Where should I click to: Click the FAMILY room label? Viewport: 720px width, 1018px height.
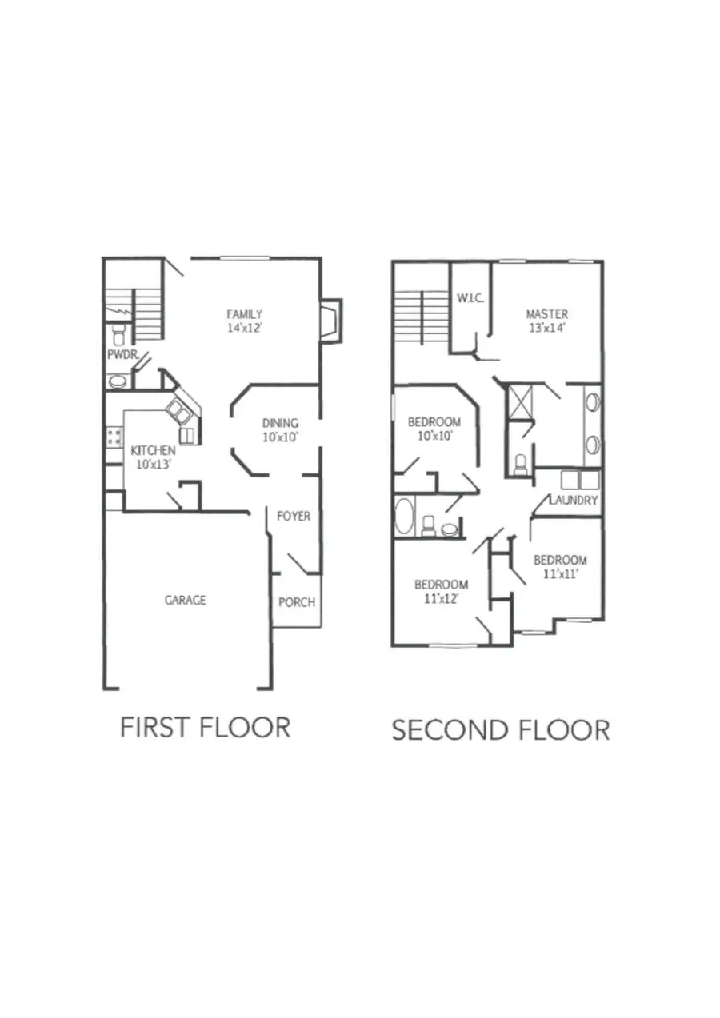tap(244, 314)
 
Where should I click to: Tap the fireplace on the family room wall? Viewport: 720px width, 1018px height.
tap(330, 321)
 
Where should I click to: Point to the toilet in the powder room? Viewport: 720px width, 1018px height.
tap(119, 331)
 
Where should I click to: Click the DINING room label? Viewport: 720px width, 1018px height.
tap(280, 423)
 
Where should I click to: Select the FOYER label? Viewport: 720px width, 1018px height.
tap(294, 517)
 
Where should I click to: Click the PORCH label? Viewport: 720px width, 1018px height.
tap(296, 602)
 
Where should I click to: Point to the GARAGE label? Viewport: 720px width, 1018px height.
tap(185, 600)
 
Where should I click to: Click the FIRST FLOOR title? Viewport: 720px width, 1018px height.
tap(205, 727)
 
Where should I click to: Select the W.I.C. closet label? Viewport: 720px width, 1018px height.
tap(470, 299)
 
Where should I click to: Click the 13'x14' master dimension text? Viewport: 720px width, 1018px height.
tap(546, 328)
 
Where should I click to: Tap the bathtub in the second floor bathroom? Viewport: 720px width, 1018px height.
tap(404, 517)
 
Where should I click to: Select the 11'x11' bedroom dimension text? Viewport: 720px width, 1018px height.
tap(560, 573)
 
